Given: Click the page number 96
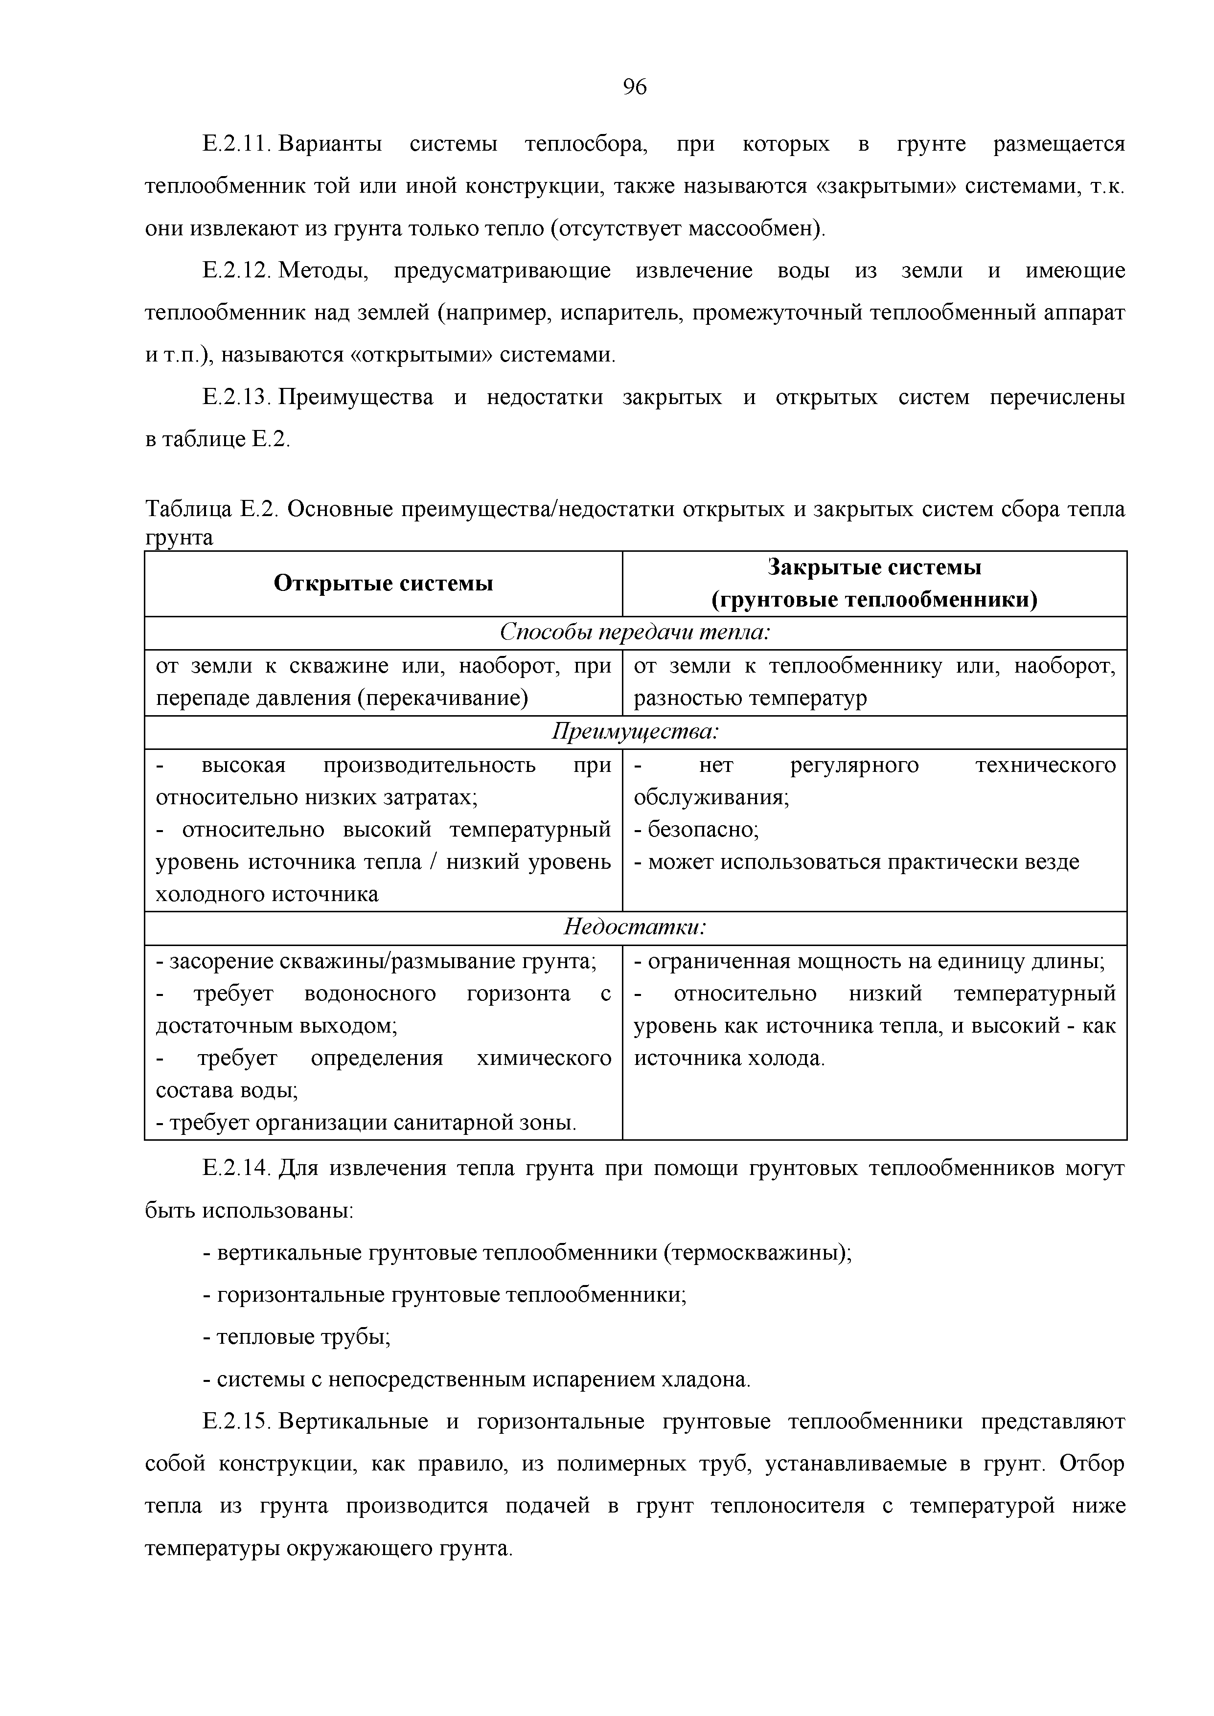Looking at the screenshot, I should pyautogui.click(x=635, y=88).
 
